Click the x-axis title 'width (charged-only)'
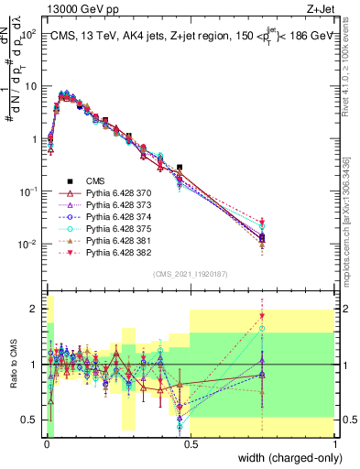[286, 458]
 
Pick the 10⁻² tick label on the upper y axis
[29, 245]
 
